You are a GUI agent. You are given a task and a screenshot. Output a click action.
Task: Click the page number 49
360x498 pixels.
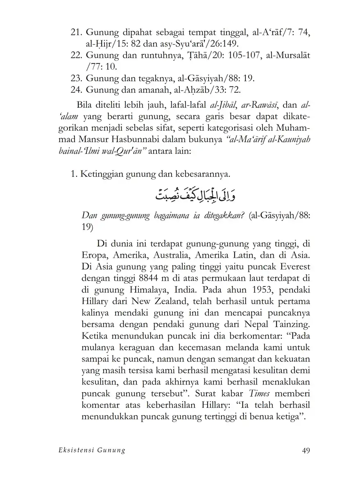305,450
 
